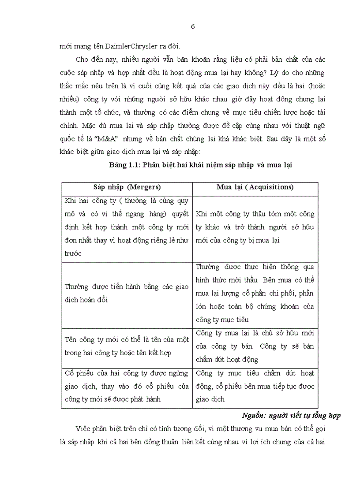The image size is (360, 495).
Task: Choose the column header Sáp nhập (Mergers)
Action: (x=127, y=187)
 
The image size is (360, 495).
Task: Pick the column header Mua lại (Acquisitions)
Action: (x=255, y=187)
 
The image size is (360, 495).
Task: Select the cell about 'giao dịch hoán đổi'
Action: (x=127, y=293)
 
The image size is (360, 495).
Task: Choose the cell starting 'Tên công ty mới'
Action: (x=127, y=346)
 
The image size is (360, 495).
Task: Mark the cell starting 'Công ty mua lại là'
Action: (x=255, y=346)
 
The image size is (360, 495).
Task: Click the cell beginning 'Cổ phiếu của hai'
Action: (x=127, y=386)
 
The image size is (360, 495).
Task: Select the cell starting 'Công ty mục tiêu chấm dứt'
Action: (x=255, y=386)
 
